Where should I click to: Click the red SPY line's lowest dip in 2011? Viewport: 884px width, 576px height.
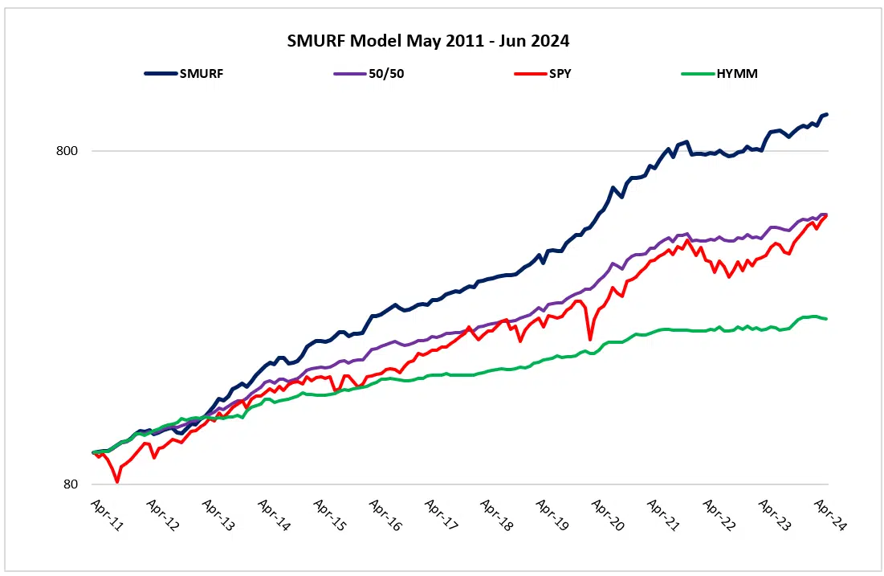point(118,481)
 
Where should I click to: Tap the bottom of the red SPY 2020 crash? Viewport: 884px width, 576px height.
point(590,340)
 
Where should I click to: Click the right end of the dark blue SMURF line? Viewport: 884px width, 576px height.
point(827,114)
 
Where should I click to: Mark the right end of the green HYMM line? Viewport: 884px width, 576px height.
point(827,319)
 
